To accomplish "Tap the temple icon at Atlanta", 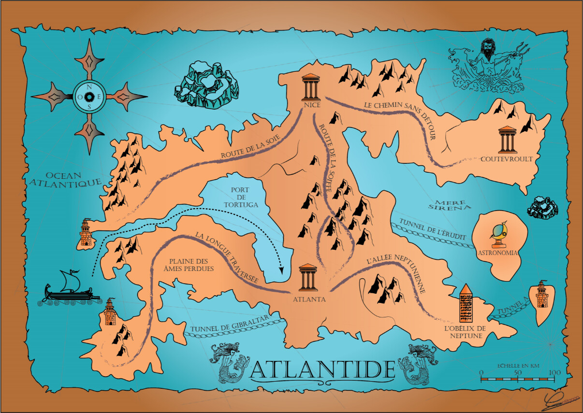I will pyautogui.click(x=308, y=278).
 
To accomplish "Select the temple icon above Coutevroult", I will pyautogui.click(x=507, y=140).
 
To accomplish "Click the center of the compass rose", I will pyautogui.click(x=89, y=96).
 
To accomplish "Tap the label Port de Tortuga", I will pyautogui.click(x=240, y=197).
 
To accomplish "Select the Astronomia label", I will pyautogui.click(x=497, y=253).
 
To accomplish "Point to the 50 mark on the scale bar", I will pyautogui.click(x=517, y=373).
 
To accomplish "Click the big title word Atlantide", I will pyautogui.click(x=323, y=369).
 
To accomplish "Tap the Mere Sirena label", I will pyautogui.click(x=450, y=205).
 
